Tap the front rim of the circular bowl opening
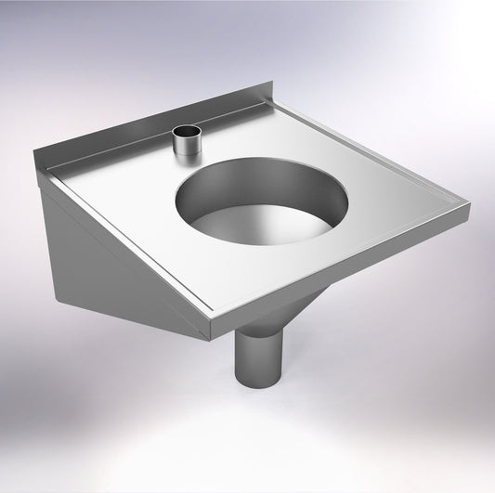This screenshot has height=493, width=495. point(269,243)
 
